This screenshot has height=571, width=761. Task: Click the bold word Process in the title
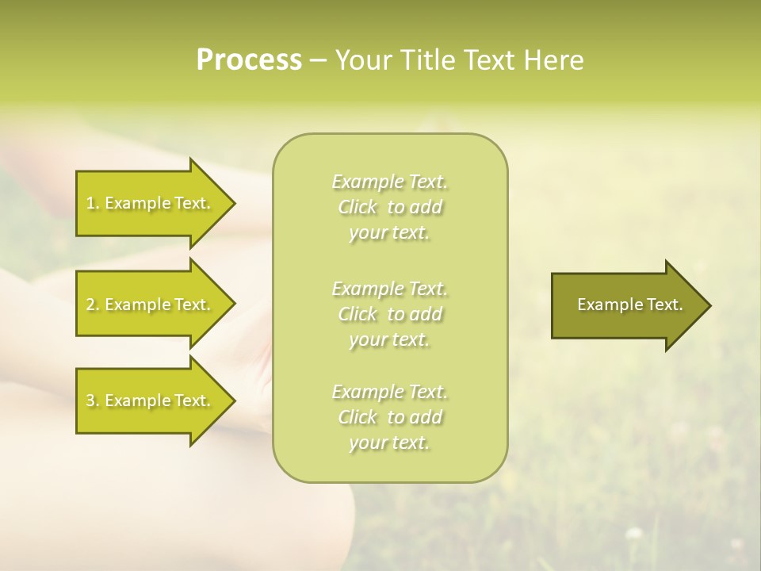click(249, 60)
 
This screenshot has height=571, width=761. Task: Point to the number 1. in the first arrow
click(93, 203)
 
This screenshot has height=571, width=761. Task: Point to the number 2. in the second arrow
click(93, 305)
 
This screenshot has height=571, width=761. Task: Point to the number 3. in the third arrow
click(93, 400)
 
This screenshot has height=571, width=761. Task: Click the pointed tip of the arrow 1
click(232, 203)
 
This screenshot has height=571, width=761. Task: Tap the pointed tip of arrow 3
click(232, 400)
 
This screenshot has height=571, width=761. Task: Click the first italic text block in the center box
click(389, 207)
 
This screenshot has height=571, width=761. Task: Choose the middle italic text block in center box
click(389, 313)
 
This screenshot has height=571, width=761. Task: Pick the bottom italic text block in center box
click(389, 417)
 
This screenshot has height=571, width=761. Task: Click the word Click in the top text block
click(358, 207)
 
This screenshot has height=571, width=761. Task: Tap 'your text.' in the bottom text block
click(389, 443)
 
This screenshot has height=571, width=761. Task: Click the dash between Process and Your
click(319, 60)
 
